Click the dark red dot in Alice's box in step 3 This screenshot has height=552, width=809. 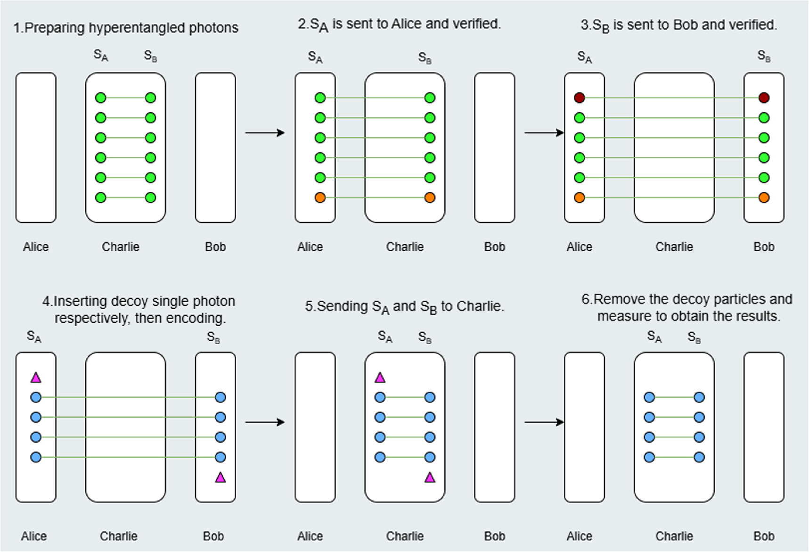(580, 98)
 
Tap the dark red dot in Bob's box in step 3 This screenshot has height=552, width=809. (764, 98)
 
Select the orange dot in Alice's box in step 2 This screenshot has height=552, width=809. (320, 198)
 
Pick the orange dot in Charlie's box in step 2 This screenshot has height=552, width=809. (430, 198)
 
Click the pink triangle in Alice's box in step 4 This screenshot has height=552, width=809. (36, 378)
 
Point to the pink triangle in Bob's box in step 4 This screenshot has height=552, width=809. (220, 478)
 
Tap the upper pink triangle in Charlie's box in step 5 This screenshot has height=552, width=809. (380, 378)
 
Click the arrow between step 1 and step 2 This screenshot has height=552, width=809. (265, 133)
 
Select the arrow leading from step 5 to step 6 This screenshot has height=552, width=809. (544, 422)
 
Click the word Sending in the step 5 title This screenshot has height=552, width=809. (342, 306)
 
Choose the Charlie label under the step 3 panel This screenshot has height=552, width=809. (674, 247)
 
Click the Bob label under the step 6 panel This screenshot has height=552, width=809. (764, 536)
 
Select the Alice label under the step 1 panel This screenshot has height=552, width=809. (36, 247)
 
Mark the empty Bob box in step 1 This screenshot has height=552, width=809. (215, 148)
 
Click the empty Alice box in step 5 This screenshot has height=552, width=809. (315, 427)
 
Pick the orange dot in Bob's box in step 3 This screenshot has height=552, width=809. (764, 198)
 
